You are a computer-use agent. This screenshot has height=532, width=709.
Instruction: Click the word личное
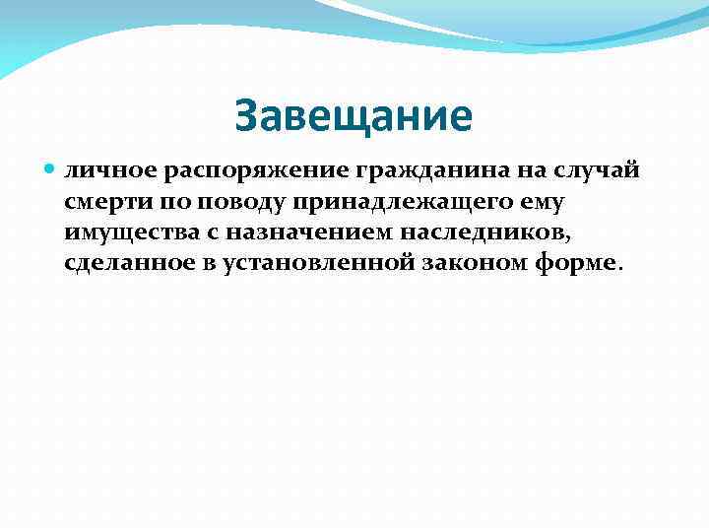pos(98,171)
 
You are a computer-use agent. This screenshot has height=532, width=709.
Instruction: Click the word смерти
pos(100,202)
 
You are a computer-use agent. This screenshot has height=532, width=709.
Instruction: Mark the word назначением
pos(298,233)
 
